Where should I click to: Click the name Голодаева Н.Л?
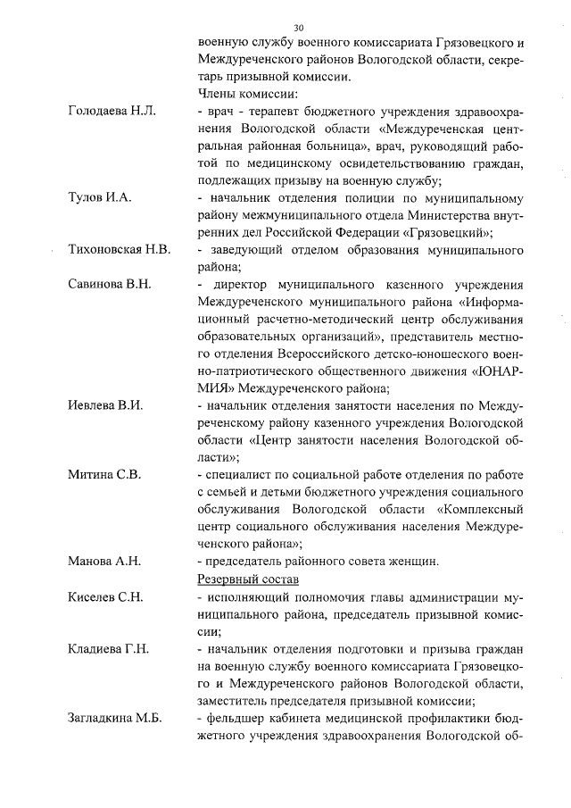coord(112,111)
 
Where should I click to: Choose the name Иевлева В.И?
coord(106,404)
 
